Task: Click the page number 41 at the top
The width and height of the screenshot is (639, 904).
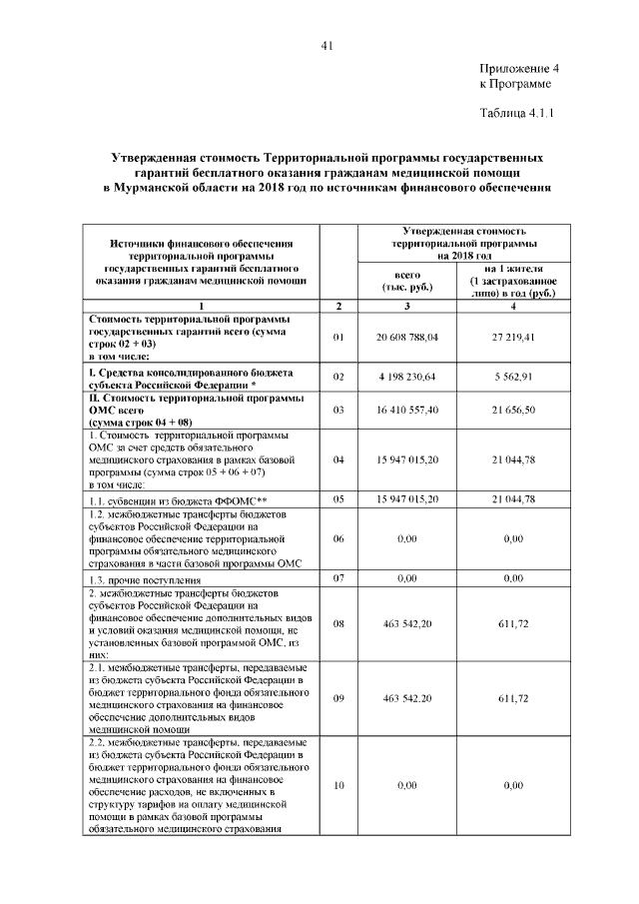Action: click(326, 44)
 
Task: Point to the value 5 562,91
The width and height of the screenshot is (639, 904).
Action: click(513, 377)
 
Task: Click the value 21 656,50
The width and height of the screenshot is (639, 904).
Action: click(513, 411)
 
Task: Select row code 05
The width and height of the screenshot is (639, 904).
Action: click(338, 498)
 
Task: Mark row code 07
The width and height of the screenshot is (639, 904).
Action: click(338, 577)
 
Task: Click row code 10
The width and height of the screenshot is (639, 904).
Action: click(338, 786)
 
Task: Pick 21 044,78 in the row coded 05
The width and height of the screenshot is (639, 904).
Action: click(513, 498)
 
